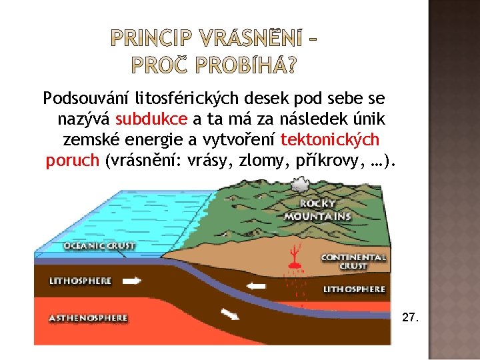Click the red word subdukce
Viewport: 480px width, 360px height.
(x=151, y=120)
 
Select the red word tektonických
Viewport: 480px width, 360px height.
(x=330, y=140)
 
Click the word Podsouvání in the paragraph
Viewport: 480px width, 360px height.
(x=86, y=99)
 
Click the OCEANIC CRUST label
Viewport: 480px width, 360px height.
(x=99, y=245)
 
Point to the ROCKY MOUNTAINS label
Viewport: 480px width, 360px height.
(x=317, y=210)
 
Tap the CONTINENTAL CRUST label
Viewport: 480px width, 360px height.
(x=353, y=261)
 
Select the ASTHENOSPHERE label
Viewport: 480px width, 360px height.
(x=88, y=318)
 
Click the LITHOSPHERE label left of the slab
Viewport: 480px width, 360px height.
(x=80, y=281)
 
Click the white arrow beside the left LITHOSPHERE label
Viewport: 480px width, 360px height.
(x=133, y=281)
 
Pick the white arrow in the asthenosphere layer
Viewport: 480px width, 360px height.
(x=229, y=314)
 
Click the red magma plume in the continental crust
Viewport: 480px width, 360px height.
(x=292, y=257)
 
